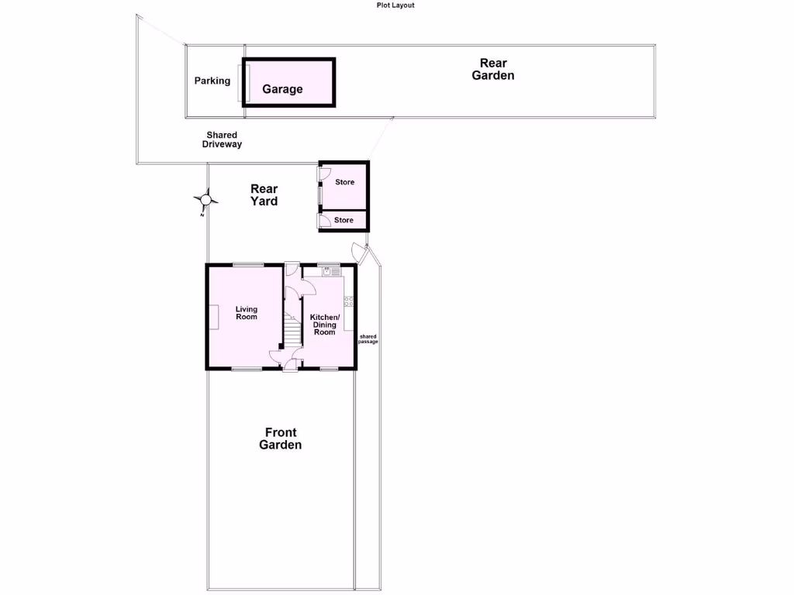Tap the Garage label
[282, 89]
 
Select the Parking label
[212, 81]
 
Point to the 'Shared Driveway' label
[222, 139]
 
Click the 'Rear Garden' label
[492, 69]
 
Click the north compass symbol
[205, 200]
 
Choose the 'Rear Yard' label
[264, 194]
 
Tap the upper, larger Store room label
[344, 182]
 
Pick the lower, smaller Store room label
[343, 220]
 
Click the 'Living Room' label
[247, 313]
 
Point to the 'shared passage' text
[368, 339]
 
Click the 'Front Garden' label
[280, 439]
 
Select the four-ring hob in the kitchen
[349, 301]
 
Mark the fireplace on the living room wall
[210, 317]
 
